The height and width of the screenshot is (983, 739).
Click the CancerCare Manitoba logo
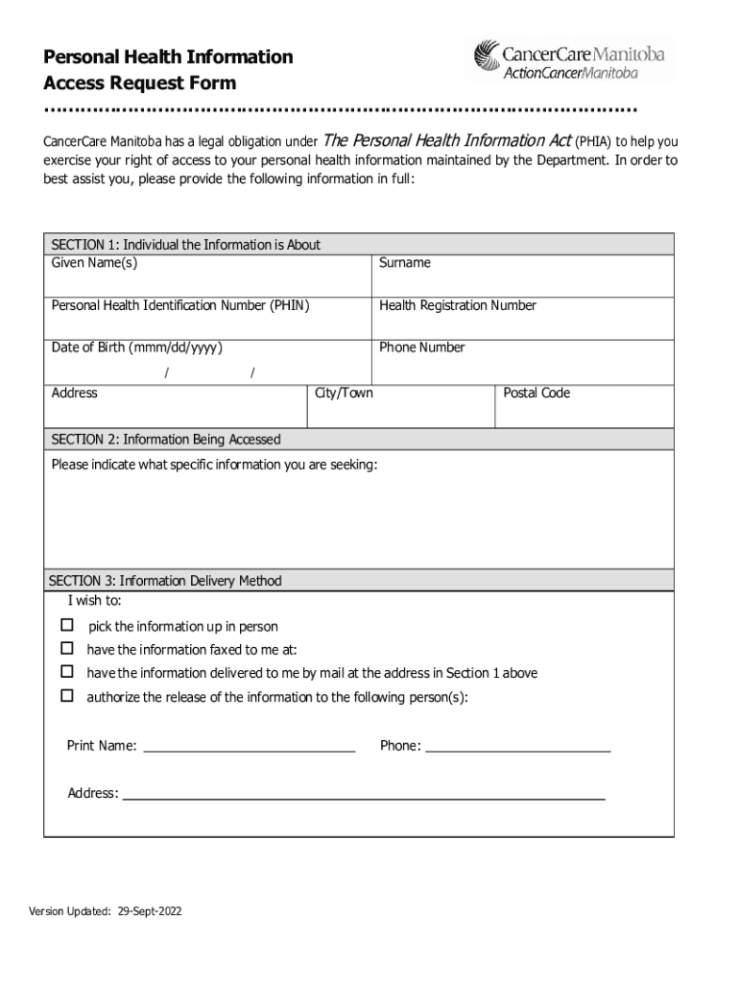tap(573, 59)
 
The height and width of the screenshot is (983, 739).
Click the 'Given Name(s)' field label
tap(94, 263)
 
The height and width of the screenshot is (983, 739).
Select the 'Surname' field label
tap(405, 263)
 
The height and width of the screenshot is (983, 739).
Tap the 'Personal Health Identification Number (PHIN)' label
tap(180, 305)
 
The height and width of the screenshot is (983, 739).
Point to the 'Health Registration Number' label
tap(458, 305)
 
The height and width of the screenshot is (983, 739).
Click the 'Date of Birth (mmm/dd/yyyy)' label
tap(138, 348)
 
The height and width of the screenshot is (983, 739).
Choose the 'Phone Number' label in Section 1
tap(421, 348)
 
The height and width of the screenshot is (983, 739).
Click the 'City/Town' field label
tap(344, 393)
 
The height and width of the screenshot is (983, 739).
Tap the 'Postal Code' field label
tap(536, 393)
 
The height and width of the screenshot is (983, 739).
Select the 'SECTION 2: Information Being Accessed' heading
tap(166, 440)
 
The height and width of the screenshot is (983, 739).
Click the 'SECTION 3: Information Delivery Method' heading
tap(166, 581)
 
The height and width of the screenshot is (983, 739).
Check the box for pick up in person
tap(67, 626)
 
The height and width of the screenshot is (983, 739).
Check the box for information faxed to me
tap(67, 649)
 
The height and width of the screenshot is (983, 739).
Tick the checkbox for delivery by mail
tap(67, 672)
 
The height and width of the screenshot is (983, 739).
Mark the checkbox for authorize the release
tap(67, 696)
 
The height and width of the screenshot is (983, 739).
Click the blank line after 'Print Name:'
tap(250, 747)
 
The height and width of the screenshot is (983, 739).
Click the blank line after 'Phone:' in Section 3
tap(518, 747)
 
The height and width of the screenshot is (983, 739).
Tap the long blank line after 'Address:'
tap(365, 795)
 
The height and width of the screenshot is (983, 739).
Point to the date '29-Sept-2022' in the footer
tap(150, 911)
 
